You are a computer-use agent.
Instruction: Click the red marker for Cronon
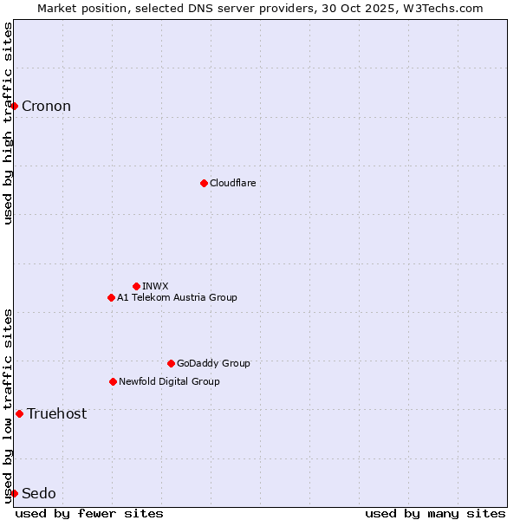(x=14, y=106)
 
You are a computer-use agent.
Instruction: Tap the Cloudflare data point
(x=204, y=183)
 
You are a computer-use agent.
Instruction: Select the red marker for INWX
(x=136, y=286)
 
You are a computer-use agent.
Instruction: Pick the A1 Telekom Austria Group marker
(x=111, y=297)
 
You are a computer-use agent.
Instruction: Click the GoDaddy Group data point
(x=171, y=363)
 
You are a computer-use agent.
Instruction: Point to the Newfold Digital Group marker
(x=113, y=381)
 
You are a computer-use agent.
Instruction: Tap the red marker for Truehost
(x=19, y=413)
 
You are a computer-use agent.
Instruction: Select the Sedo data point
(x=14, y=493)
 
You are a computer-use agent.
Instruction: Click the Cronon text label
(x=46, y=107)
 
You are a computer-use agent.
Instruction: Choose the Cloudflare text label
(x=232, y=183)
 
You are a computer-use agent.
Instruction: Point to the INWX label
(x=155, y=286)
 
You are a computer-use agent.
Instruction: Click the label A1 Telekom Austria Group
(x=177, y=297)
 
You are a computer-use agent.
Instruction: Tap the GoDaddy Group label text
(x=213, y=363)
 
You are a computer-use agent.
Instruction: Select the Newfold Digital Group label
(x=169, y=381)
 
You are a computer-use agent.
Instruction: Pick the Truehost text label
(x=56, y=413)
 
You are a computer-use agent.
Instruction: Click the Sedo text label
(x=39, y=493)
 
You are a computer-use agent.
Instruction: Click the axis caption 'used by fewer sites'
(x=89, y=513)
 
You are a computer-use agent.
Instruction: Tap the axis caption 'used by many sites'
(x=435, y=513)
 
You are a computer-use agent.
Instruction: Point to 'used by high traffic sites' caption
(x=9, y=123)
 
